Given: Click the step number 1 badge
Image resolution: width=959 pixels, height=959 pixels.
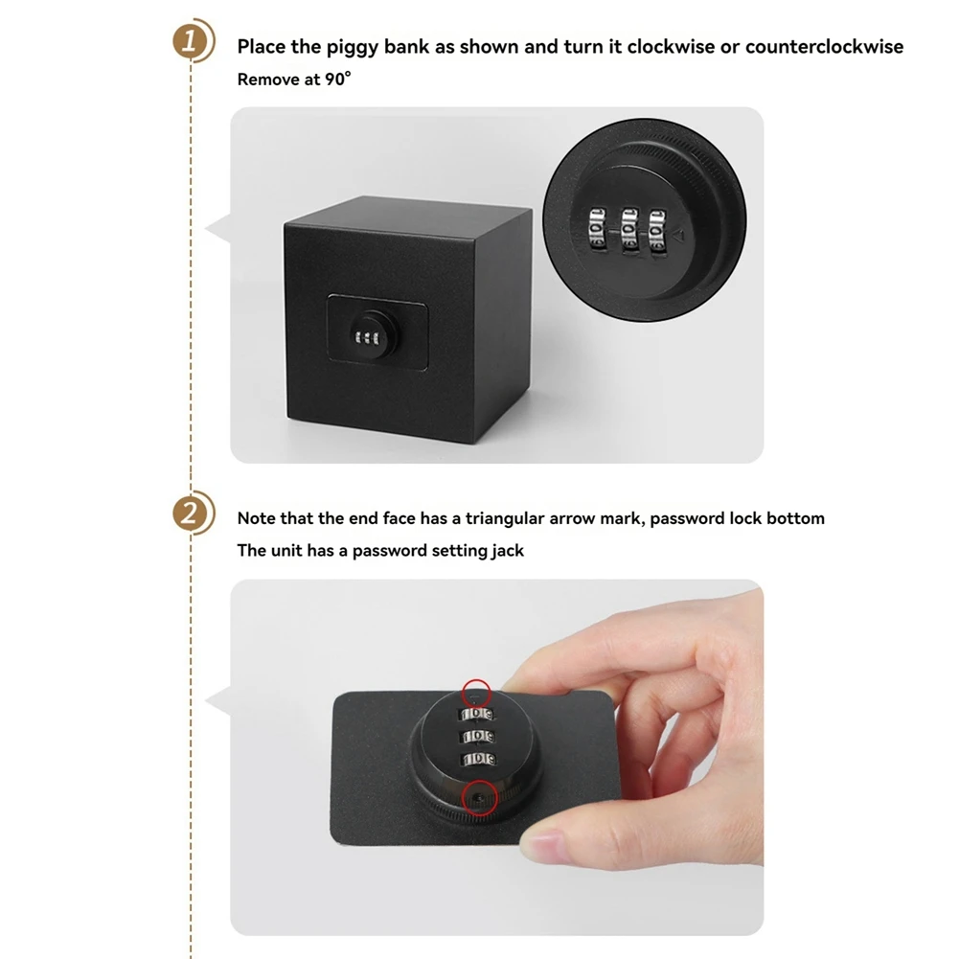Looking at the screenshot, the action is [x=190, y=41].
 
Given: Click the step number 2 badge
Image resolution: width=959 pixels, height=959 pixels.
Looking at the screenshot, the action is [x=190, y=514].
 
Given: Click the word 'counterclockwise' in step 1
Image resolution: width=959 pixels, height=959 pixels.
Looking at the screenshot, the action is [x=824, y=47].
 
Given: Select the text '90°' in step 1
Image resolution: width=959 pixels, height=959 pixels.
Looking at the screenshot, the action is [x=338, y=79].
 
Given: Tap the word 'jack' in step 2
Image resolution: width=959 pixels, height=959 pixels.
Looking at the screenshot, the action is [x=508, y=551].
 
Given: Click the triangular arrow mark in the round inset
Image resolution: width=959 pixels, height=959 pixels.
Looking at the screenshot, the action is [x=677, y=235].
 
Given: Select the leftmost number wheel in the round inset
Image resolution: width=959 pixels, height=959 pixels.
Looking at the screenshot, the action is [x=596, y=228].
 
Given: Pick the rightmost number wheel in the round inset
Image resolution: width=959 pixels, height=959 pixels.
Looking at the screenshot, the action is [x=657, y=231].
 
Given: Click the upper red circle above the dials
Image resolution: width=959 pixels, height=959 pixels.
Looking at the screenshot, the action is [x=476, y=694].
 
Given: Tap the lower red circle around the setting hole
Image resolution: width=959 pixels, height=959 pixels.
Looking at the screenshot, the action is [x=479, y=798].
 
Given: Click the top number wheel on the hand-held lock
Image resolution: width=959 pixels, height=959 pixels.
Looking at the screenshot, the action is [x=477, y=715].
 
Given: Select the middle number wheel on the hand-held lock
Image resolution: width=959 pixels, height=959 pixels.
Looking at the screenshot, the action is [x=478, y=737].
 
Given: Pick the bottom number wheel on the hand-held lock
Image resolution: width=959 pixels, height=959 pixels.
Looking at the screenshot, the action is [x=478, y=759].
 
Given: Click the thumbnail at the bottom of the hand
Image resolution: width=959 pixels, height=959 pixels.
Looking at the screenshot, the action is [x=543, y=848].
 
